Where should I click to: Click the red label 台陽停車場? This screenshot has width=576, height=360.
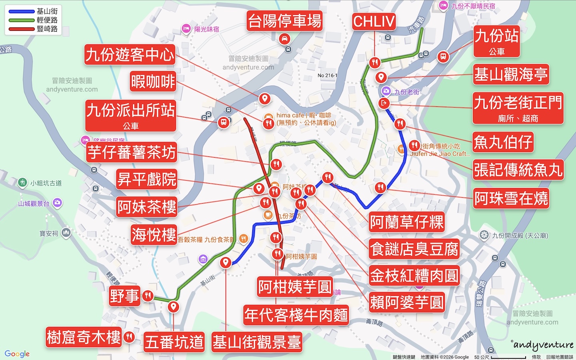[284, 21]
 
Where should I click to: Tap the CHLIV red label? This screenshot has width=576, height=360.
[374, 22]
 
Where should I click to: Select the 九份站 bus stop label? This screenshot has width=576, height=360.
[496, 41]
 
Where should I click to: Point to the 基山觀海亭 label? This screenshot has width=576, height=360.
[511, 74]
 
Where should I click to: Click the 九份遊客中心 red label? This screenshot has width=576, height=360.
[130, 55]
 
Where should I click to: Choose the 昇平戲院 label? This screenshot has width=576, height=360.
[147, 179]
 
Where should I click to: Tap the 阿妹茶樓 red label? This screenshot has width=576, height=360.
[146, 207]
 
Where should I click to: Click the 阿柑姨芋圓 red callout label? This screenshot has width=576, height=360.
[295, 286]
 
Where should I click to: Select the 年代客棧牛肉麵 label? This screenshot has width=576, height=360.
[296, 315]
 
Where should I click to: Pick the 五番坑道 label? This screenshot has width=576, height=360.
[174, 342]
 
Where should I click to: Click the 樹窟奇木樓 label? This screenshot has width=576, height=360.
[84, 337]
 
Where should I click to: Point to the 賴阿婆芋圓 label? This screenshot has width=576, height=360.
[407, 302]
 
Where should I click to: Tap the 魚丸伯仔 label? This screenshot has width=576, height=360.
[503, 142]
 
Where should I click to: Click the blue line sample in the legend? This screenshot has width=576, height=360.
[22, 12]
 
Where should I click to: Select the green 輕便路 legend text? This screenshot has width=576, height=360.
[47, 20]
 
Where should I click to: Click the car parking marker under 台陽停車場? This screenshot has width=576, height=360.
[284, 39]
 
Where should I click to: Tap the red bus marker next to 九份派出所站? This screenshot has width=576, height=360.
[224, 122]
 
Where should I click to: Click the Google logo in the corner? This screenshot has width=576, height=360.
[17, 354]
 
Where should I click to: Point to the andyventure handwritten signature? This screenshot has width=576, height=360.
[543, 345]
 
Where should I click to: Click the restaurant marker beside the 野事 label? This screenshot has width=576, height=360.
[148, 296]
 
